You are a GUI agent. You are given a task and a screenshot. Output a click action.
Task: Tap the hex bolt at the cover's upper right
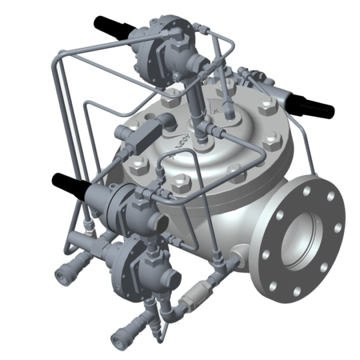(x=265, y=110)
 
